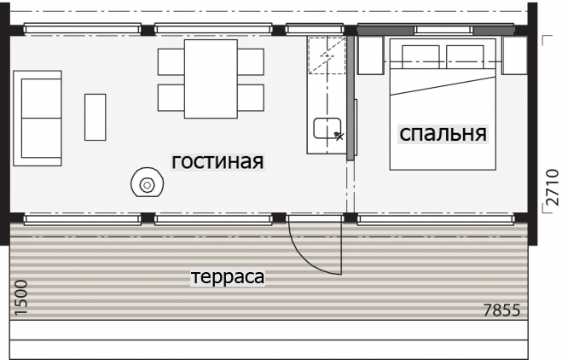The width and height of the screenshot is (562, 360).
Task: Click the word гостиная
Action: tap(217, 161)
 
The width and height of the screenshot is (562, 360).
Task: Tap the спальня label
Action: tap(443, 133)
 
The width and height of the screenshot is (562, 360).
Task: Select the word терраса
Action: tap(228, 276)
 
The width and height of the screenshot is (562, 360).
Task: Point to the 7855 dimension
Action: tap(501, 310)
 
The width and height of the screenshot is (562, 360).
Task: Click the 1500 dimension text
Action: tap(20, 298)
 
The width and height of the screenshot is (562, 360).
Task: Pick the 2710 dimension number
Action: tap(553, 187)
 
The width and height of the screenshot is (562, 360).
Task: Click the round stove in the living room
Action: tap(147, 183)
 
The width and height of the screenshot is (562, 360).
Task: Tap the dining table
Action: tap(211, 78)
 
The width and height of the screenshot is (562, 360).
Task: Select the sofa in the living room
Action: tap(38, 119)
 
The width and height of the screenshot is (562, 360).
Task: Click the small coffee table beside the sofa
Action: tap(95, 117)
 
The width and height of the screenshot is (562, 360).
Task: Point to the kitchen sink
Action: tap(327, 128)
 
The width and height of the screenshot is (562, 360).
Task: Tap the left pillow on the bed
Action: tap(420, 56)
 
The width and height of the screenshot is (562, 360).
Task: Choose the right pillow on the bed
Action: tap(465, 56)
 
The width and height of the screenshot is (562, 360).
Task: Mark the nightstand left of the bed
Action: tap(370, 55)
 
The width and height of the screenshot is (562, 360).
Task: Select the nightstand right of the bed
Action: tap(514, 55)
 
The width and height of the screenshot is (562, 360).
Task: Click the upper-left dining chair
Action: tap(171, 62)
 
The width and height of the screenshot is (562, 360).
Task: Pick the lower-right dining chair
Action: tap(251, 97)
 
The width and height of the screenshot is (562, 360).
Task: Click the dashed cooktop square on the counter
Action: tap(327, 55)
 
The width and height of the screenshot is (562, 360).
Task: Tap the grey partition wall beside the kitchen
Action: tap(351, 97)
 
